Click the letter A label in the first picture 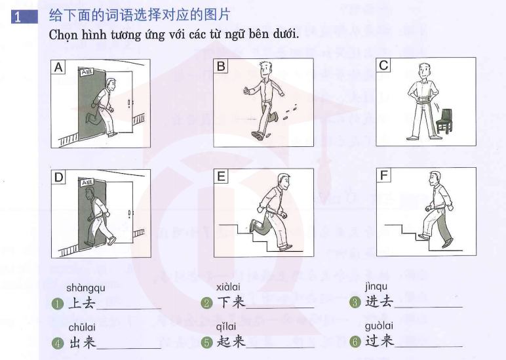(58, 67)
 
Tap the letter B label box (221, 66)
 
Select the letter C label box (383, 66)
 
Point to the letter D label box (59, 177)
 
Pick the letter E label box (221, 176)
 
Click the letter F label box (383, 175)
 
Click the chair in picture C (444, 121)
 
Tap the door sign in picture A (87, 71)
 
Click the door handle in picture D (129, 214)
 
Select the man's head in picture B (265, 70)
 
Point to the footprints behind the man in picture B (290, 111)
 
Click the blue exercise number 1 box (24, 17)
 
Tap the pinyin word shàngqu (85, 288)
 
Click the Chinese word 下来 (231, 302)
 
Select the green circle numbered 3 (355, 302)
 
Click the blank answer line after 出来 (128, 348)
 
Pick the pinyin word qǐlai (226, 327)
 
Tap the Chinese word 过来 (379, 341)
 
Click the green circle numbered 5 (206, 342)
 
